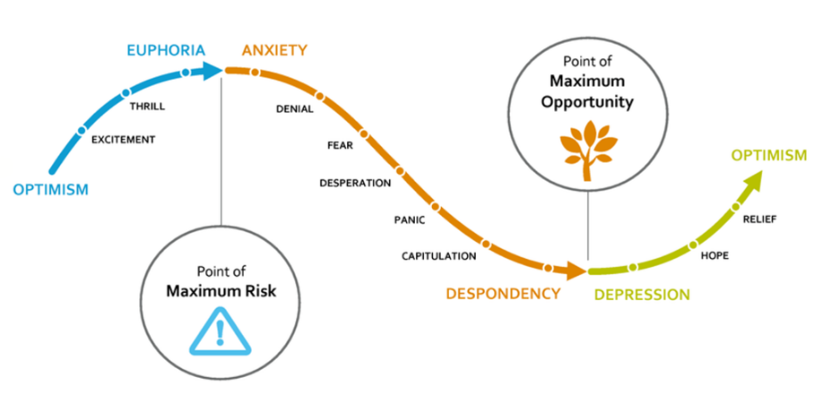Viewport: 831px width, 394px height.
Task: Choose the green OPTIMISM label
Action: pos(768,156)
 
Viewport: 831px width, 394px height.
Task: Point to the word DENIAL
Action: pos(294,109)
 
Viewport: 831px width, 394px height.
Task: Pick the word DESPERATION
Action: pos(355,184)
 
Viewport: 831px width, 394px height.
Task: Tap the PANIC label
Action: pos(410,219)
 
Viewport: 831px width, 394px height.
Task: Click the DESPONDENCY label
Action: pos(503,293)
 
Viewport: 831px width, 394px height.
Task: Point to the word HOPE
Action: pos(714,256)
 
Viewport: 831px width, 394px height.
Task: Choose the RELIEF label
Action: pos(759,218)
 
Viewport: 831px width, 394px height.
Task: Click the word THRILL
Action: pos(147,107)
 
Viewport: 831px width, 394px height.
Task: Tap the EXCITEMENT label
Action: pos(124,140)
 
